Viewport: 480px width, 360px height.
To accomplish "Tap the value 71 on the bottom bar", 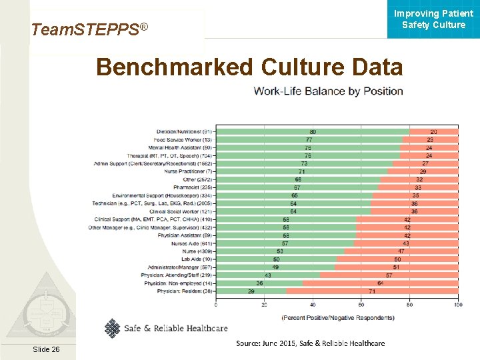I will point(371,291).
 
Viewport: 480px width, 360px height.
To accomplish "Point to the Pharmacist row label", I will point(194,187).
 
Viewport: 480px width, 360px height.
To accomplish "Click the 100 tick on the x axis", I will point(458,305).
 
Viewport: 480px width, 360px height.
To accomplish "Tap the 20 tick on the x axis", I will point(265,305).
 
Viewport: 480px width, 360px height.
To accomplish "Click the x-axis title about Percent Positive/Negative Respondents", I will point(337,317).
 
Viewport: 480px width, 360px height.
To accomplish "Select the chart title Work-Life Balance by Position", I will point(328,91).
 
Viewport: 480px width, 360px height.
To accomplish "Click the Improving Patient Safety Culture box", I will point(433,19).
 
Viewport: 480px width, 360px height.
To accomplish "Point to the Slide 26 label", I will point(45,350).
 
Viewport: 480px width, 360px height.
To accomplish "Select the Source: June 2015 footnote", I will point(310,343).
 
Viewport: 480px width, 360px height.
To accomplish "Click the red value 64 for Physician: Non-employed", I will point(380,283).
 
